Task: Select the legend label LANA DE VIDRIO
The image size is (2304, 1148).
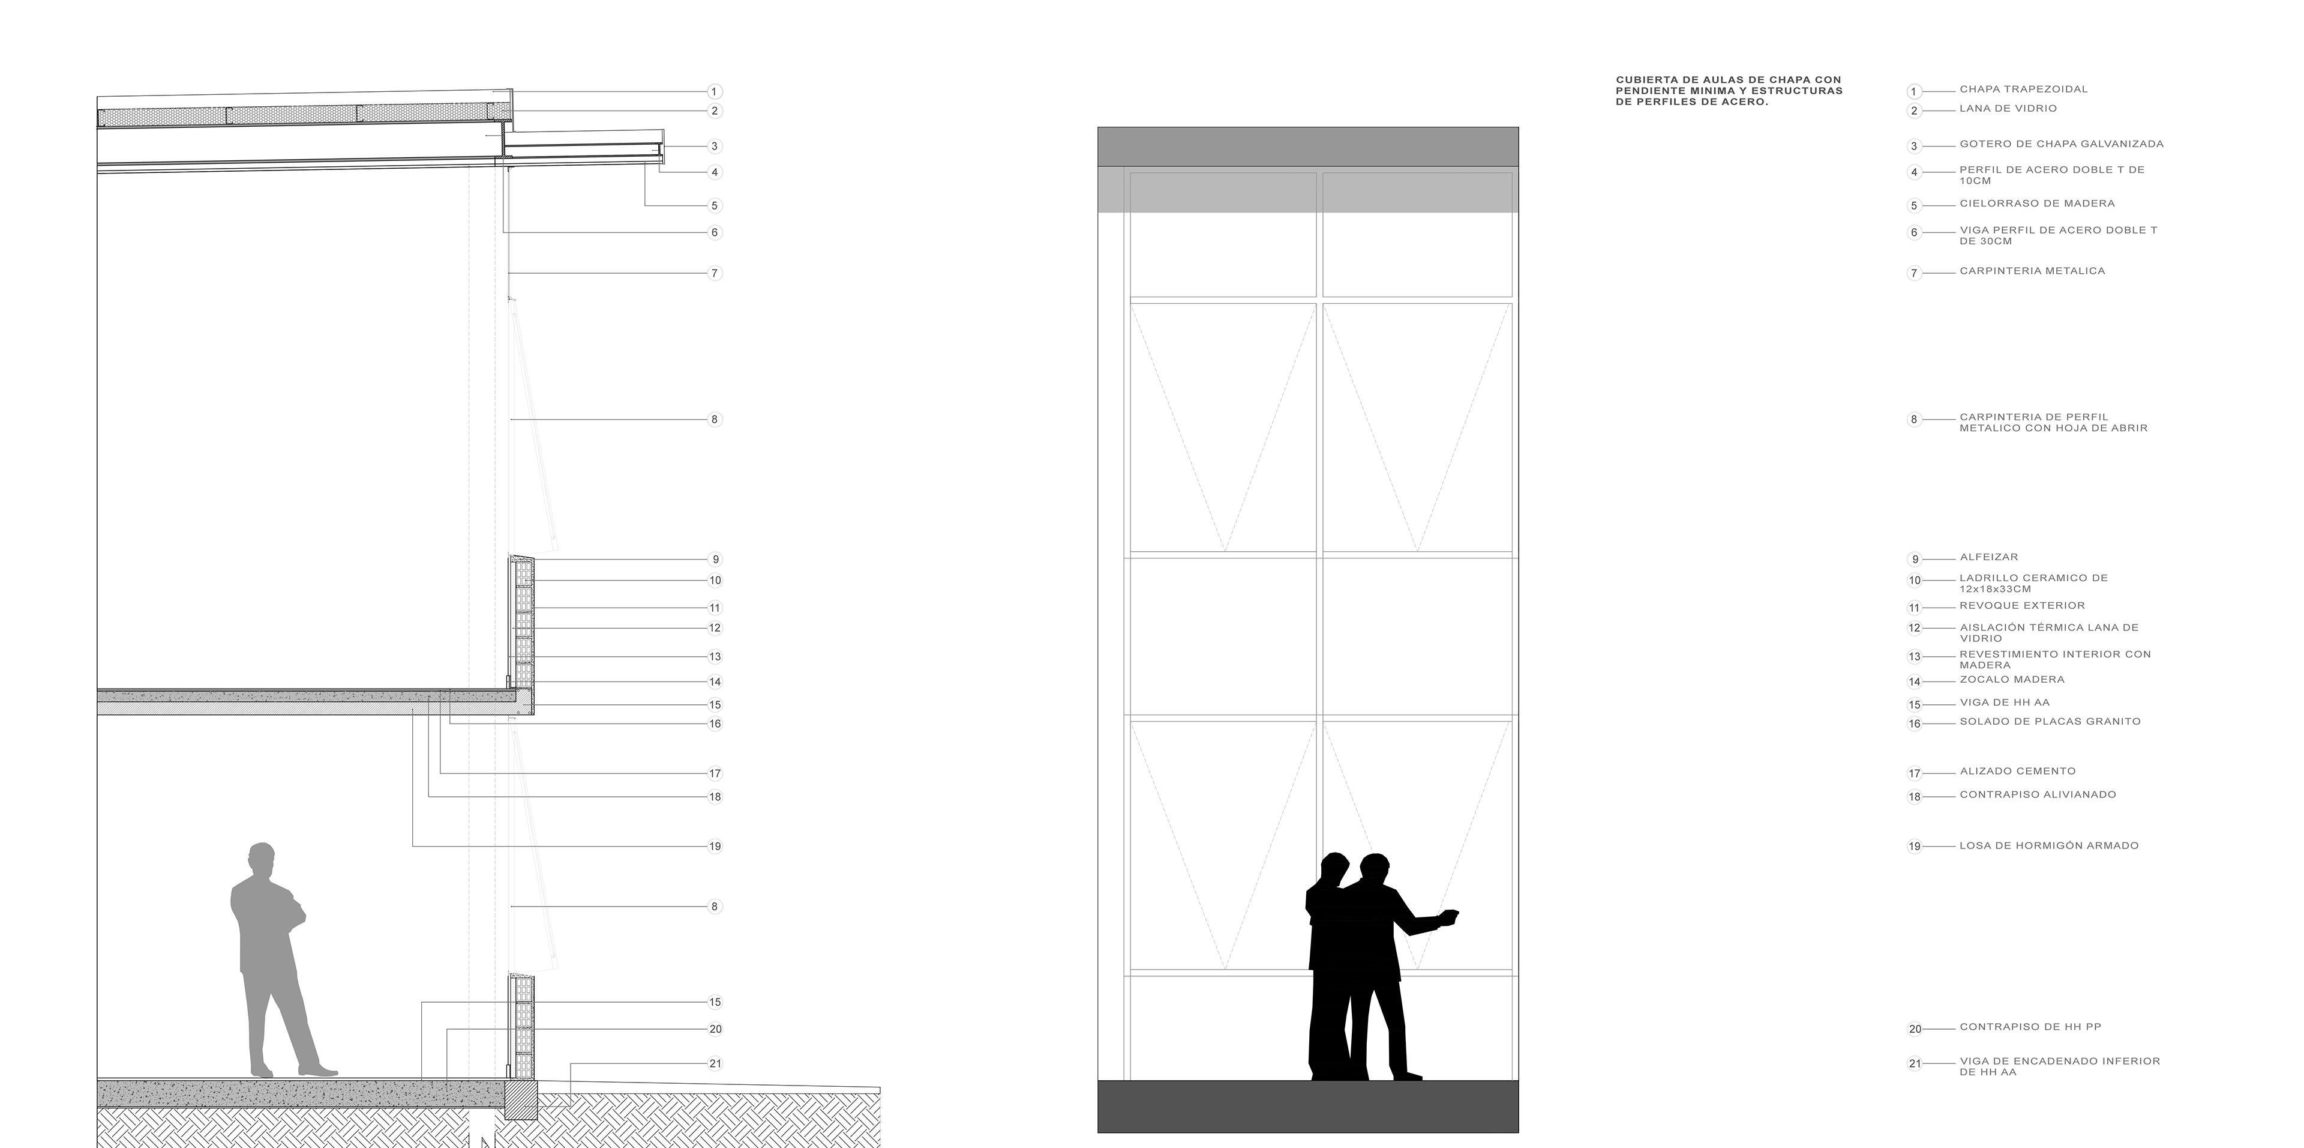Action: click(2008, 108)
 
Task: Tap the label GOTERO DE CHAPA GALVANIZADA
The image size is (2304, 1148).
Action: click(2062, 144)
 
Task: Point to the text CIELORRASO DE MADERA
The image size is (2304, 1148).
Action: click(2036, 204)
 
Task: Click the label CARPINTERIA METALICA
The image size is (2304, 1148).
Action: click(2032, 271)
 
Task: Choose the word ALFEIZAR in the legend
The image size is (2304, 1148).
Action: click(1988, 557)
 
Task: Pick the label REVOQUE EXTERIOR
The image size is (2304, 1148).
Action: click(2021, 606)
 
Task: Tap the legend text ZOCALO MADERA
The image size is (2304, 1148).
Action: click(2012, 680)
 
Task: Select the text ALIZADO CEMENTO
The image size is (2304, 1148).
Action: click(2017, 772)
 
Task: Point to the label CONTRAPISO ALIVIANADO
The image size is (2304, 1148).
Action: click(2038, 794)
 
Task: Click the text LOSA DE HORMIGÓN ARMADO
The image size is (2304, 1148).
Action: click(2049, 845)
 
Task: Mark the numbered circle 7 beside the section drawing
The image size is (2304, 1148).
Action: click(715, 273)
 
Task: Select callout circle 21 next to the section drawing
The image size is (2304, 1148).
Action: click(715, 1064)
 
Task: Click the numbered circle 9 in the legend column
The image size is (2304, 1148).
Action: click(1914, 559)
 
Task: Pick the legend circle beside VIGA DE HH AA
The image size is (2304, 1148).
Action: click(1914, 705)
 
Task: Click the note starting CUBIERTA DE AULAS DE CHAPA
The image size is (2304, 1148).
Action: click(1728, 91)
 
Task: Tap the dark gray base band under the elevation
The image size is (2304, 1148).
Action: click(1307, 1106)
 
